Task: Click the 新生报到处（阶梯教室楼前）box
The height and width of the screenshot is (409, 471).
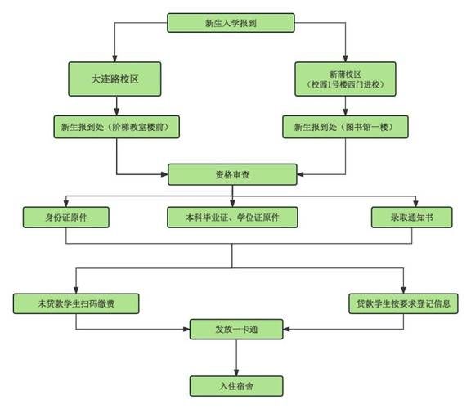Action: [x=116, y=127]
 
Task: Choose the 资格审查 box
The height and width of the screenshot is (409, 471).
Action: [x=232, y=173]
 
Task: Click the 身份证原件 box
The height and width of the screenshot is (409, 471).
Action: [x=65, y=217]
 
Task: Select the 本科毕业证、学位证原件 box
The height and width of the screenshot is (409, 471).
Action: [x=232, y=217]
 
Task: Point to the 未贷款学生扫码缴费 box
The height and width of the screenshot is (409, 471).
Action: [x=75, y=303]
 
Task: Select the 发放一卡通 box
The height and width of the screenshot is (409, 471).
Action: [x=237, y=330]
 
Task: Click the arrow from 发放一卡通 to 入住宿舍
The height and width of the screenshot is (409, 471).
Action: [x=237, y=357]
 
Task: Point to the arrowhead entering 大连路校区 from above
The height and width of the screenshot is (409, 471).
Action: [x=115, y=58]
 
